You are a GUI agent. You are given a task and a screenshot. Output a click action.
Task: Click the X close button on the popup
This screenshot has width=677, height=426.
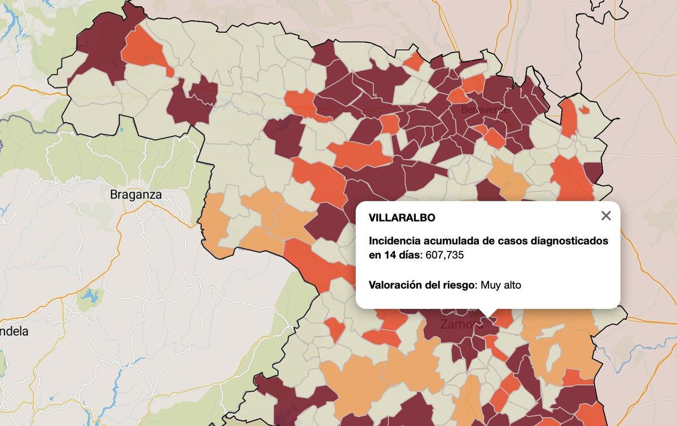(606, 216)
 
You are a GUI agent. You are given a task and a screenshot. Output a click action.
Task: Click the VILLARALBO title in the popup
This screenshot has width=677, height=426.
(402, 218)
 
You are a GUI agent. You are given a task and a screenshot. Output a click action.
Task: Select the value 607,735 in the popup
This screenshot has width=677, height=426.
(445, 255)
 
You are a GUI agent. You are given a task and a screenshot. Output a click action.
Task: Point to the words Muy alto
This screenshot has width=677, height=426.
(501, 285)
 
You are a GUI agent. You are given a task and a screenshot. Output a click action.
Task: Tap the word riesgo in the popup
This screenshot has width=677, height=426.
(459, 285)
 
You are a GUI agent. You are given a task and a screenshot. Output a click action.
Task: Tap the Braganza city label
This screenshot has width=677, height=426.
(135, 195)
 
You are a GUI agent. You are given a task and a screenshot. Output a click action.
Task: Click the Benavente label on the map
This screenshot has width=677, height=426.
(484, 110)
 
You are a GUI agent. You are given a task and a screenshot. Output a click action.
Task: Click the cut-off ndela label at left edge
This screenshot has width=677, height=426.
(14, 332)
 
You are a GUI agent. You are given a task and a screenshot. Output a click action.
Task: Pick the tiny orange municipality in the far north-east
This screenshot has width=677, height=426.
(584, 110)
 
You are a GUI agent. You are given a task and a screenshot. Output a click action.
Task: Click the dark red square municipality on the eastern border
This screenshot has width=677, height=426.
(592, 172)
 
